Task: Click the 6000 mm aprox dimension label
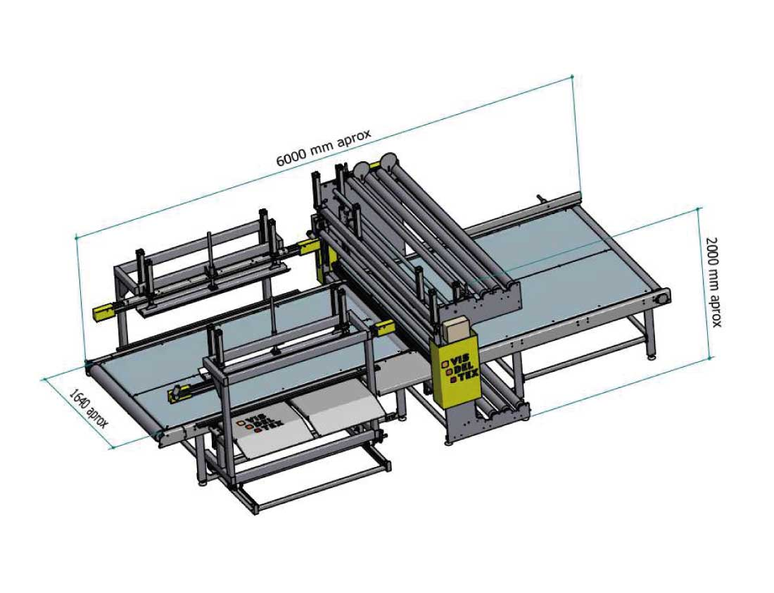[x=323, y=147]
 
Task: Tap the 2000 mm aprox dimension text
[x=713, y=282]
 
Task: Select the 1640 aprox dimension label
[x=88, y=408]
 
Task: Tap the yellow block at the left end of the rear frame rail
[x=103, y=311]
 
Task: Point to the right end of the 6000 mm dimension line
[x=573, y=76]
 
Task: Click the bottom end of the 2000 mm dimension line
[x=710, y=358]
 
